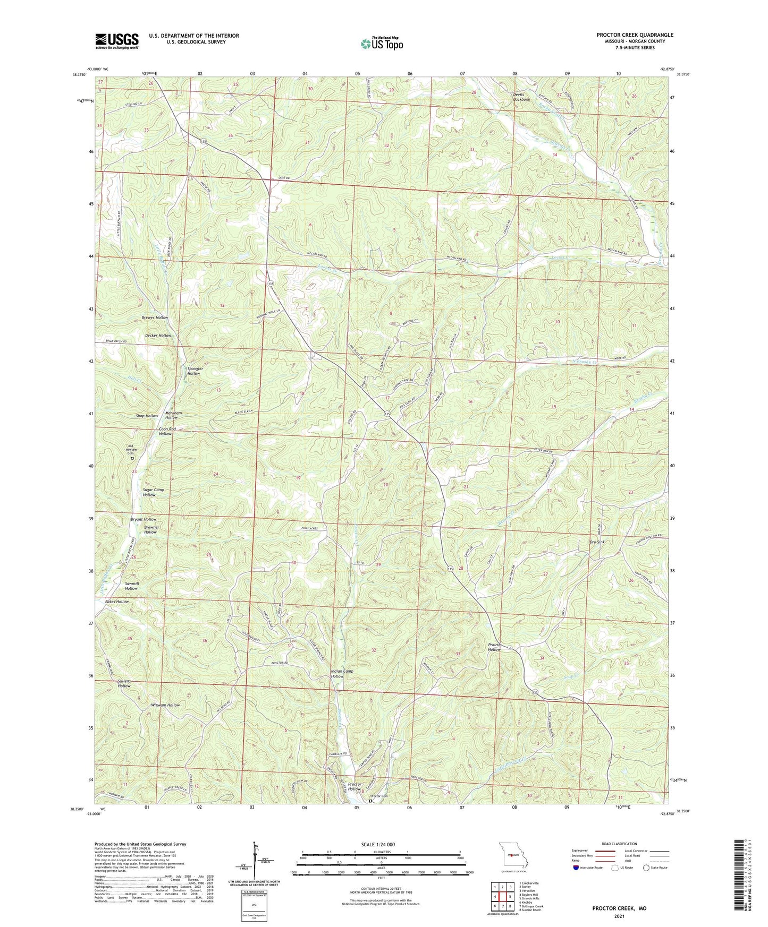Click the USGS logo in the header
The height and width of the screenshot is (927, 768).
(117, 41)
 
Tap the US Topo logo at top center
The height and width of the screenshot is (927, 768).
(381, 43)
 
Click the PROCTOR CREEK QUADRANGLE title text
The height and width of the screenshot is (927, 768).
(635, 35)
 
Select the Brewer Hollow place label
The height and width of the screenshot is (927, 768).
(155, 317)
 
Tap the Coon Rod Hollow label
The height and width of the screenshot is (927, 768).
(165, 431)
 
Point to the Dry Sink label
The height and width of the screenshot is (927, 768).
(597, 542)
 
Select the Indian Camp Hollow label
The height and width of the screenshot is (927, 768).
(342, 674)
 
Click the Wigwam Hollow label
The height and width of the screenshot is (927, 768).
(165, 705)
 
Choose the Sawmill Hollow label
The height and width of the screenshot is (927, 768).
(131, 586)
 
